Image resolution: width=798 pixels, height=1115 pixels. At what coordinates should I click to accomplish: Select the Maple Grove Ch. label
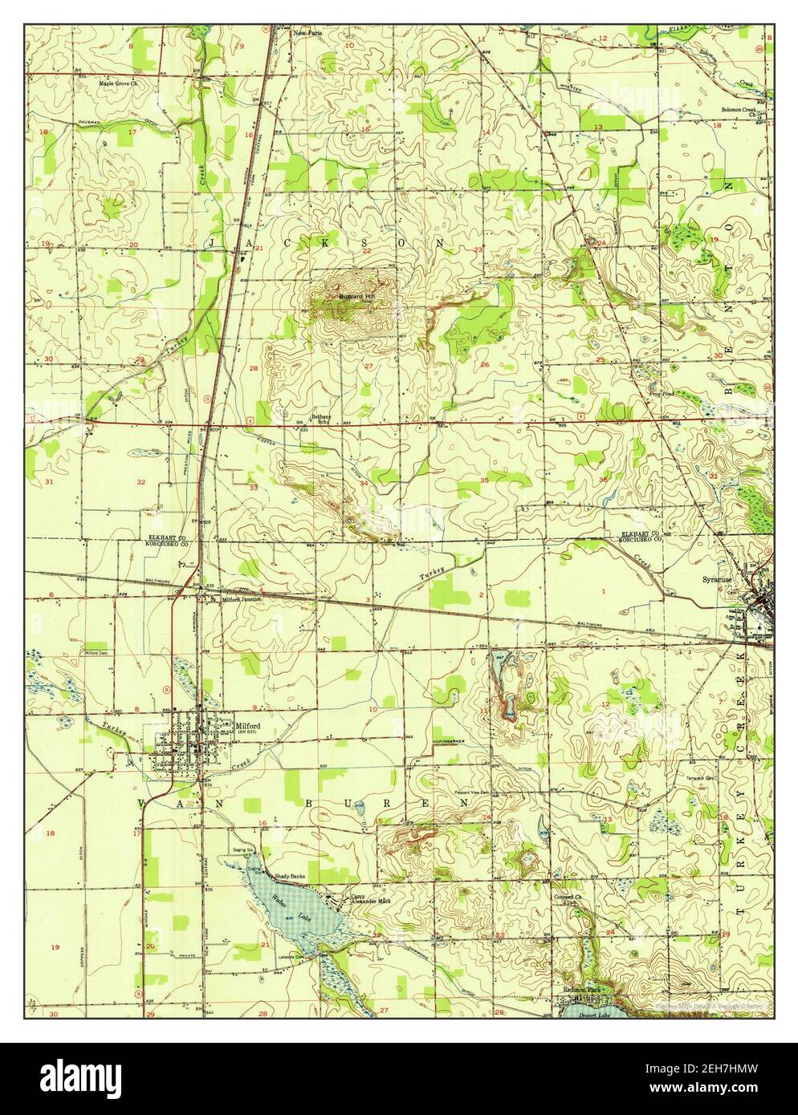coord(118,83)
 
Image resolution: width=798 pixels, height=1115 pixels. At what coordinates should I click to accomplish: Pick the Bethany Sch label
coord(322,420)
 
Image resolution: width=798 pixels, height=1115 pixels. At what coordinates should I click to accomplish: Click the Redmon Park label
coord(580,990)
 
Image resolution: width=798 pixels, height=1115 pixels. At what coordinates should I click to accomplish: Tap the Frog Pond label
coord(660,394)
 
